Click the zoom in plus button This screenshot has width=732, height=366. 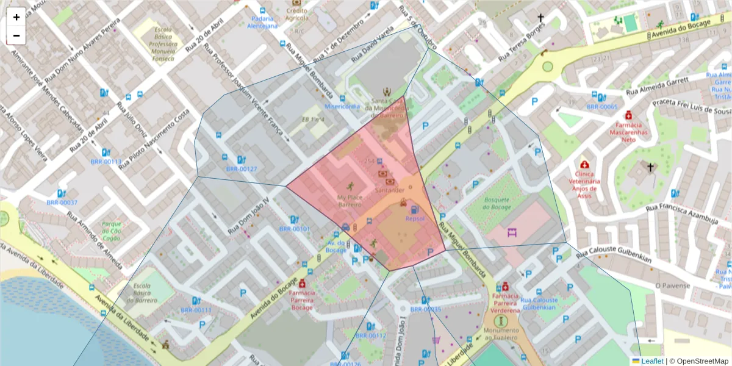click(x=16, y=17)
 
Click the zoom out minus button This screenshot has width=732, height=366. click(x=16, y=35)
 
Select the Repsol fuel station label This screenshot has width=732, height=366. click(x=414, y=218)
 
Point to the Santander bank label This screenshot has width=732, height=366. click(x=390, y=190)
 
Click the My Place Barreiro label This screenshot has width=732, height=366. click(x=350, y=201)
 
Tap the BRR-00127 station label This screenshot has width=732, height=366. click(x=242, y=169)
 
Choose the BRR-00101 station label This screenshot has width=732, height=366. click(x=295, y=229)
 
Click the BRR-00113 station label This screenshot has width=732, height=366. click(x=106, y=162)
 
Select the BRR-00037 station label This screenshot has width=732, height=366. click(x=62, y=203)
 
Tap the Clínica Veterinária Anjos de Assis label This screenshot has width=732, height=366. click(x=585, y=181)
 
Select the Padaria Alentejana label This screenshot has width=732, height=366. click(x=262, y=22)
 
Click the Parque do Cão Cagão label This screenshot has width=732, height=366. click(x=112, y=231)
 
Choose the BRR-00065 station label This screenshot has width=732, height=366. click(x=602, y=107)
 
